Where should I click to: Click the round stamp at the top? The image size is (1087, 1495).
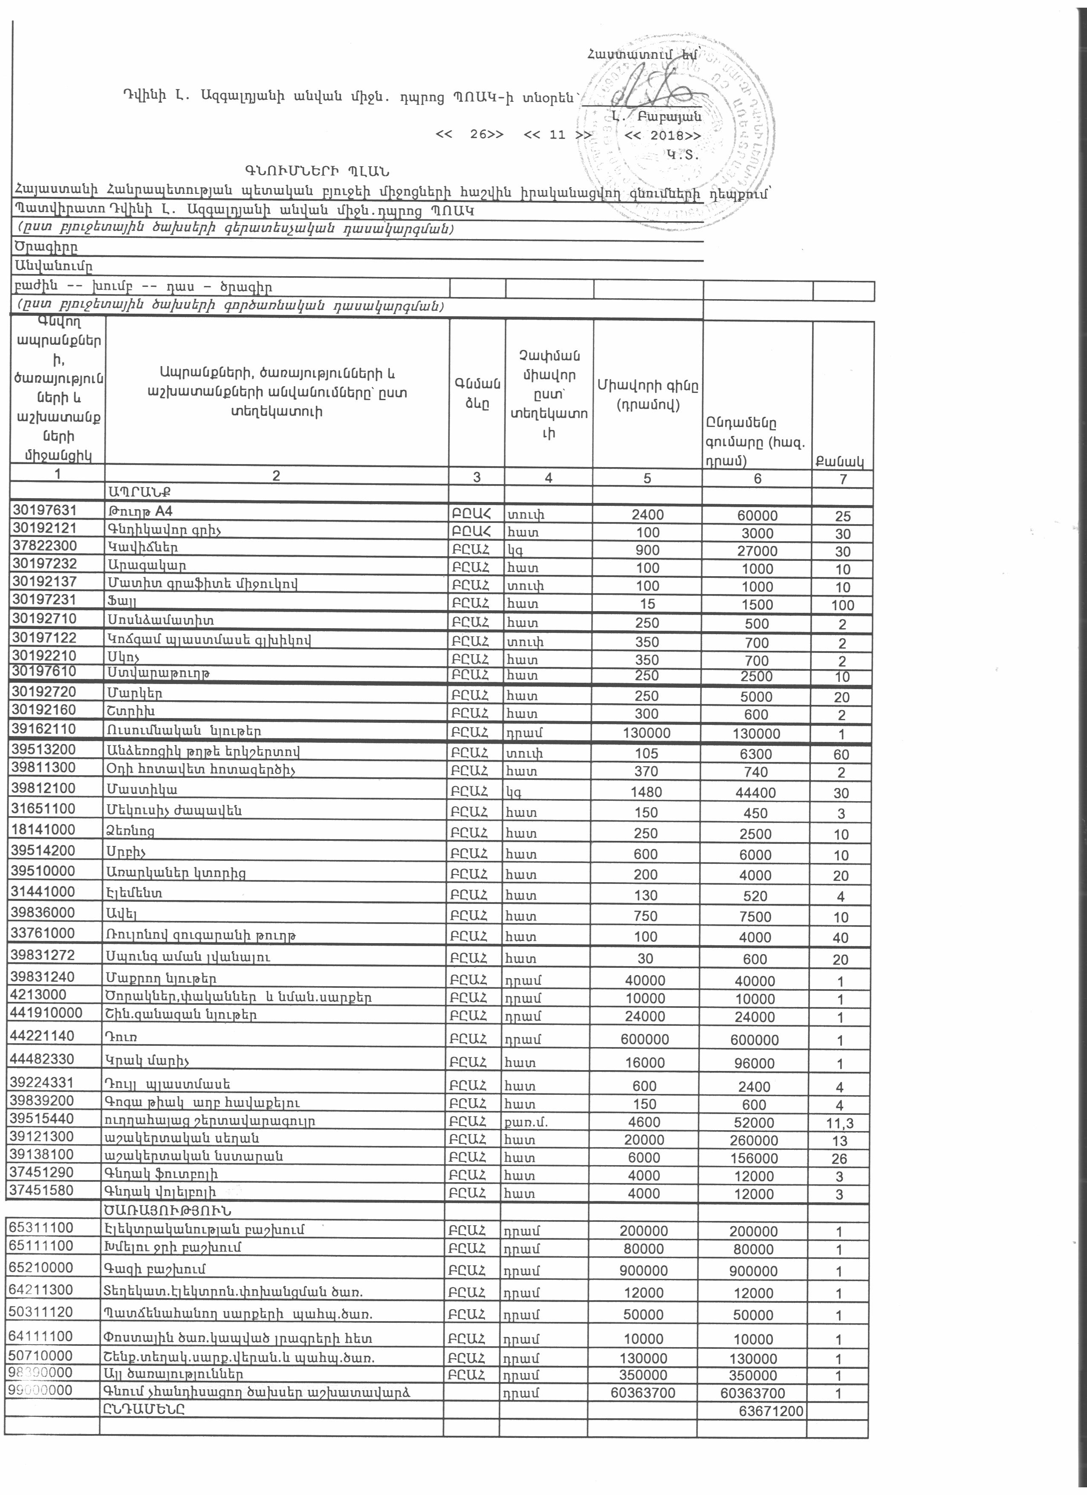[676, 139]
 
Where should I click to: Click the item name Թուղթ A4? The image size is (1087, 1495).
[140, 511]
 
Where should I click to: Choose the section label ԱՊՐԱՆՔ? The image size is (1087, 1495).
[138, 492]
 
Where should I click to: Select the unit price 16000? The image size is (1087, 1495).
[645, 1062]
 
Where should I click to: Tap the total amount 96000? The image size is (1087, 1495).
[755, 1062]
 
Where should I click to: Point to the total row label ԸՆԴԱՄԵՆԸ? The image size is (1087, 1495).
[143, 1408]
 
